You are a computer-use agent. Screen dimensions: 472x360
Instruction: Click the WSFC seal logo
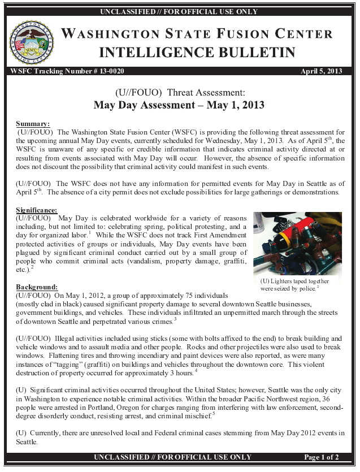(x=32, y=43)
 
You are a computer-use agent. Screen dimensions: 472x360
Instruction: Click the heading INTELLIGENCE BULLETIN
(x=197, y=53)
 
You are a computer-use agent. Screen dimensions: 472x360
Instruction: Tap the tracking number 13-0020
(x=107, y=71)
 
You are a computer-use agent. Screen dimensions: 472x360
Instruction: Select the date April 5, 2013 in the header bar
(x=322, y=71)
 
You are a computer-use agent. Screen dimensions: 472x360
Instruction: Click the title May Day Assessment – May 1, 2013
(x=179, y=105)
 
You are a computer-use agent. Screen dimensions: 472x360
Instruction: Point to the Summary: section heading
(x=33, y=124)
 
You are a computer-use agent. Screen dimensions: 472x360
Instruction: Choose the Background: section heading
(x=37, y=287)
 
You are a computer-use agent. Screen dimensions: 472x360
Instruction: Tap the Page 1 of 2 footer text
(x=320, y=457)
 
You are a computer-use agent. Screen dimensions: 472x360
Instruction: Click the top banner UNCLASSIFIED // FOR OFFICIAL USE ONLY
(x=179, y=12)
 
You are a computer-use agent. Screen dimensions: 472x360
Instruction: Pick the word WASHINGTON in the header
(x=110, y=34)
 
